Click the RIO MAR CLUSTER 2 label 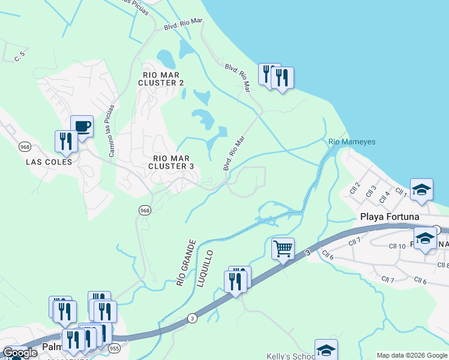click(160, 79)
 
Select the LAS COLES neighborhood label click(49, 162)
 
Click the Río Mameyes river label click(352, 142)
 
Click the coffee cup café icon click(82, 126)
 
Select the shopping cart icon click(283, 247)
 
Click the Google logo click(20, 353)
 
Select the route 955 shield click(114, 348)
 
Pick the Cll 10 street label click(397, 246)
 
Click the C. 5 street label click(20, 58)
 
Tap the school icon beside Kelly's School click(326, 350)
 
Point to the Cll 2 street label click(355, 188)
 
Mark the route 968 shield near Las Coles click(25, 146)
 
